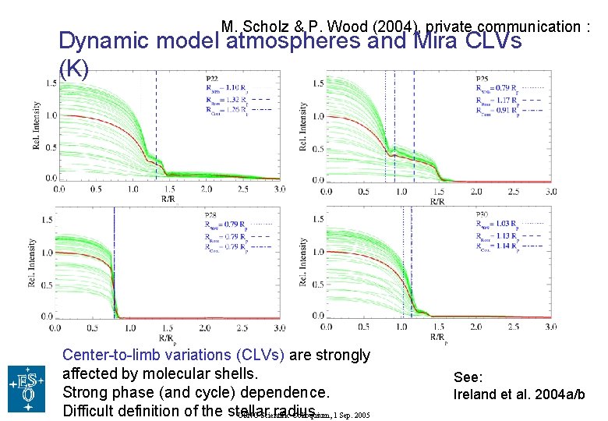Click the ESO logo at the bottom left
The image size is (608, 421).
point(27,388)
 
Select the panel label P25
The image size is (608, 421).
point(483,79)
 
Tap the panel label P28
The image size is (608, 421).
point(211,214)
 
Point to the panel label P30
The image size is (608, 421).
point(483,214)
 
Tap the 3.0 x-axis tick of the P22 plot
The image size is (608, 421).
point(280,189)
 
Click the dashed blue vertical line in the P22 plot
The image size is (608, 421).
point(156,125)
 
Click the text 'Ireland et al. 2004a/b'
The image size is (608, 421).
point(519,394)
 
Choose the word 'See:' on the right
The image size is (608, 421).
point(467,377)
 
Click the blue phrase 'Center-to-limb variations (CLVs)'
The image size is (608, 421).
point(173,356)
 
